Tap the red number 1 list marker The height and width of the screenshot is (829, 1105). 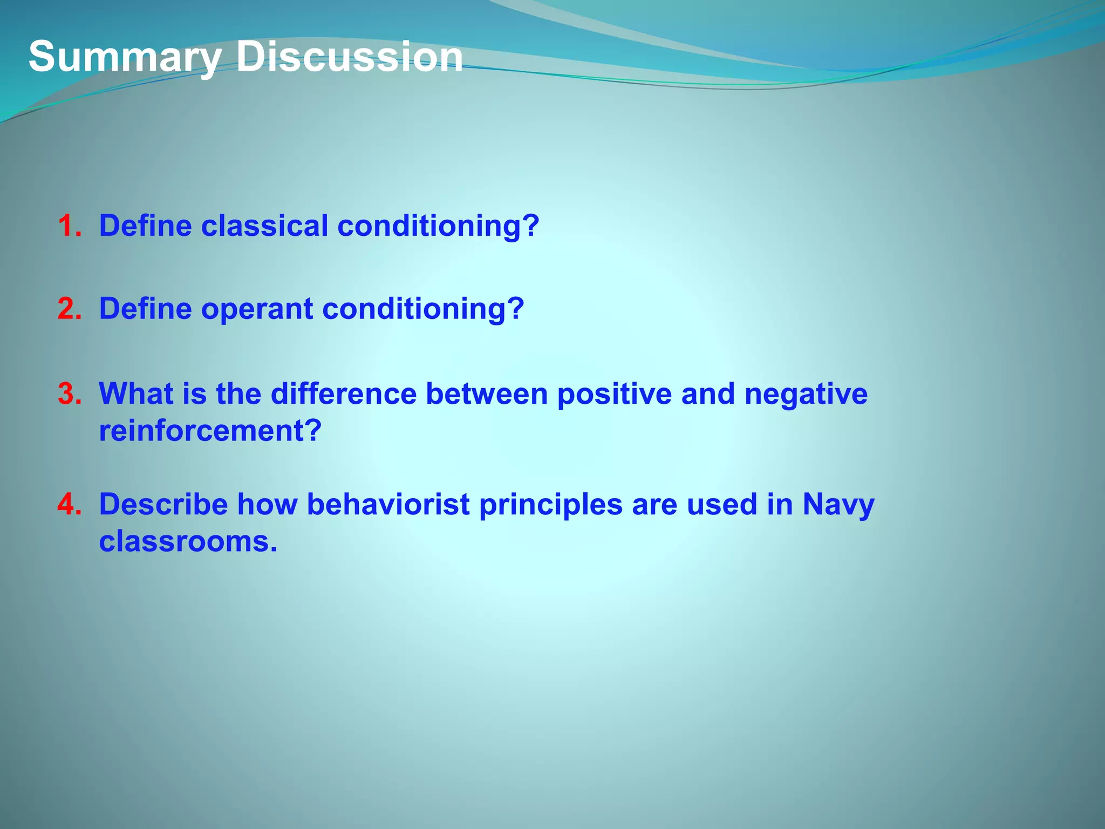(70, 226)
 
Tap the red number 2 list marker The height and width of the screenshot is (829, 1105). (70, 309)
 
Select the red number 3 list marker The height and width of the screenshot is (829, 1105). (70, 393)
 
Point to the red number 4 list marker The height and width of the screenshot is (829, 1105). (70, 504)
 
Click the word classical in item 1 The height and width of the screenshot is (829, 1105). (264, 225)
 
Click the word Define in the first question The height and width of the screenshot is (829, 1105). (145, 225)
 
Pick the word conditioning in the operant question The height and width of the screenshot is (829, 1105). (422, 309)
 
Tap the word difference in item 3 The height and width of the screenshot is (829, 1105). (343, 393)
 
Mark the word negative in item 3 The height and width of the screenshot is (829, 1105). (806, 395)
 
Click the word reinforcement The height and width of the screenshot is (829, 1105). (210, 431)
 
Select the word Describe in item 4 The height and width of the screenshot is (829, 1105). (163, 504)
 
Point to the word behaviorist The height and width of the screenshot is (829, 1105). (388, 504)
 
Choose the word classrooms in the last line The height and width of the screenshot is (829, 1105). (188, 541)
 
